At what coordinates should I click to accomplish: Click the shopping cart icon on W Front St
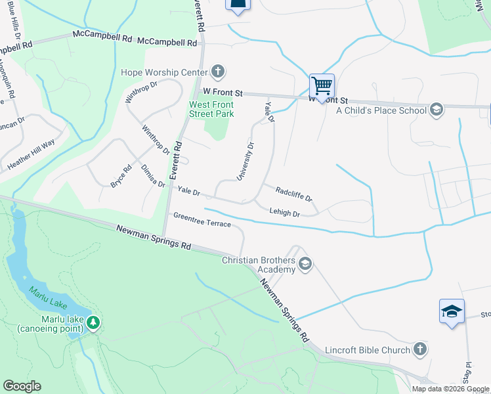(x=322, y=85)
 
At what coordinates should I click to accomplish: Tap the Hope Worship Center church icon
(x=218, y=72)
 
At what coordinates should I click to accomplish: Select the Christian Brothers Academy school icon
(x=305, y=265)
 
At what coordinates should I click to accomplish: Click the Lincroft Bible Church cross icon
(x=420, y=349)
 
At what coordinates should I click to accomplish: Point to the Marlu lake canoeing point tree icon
(x=93, y=322)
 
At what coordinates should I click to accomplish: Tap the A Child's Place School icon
(x=437, y=110)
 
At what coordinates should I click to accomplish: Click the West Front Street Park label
(x=211, y=109)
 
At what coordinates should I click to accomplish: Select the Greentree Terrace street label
(x=202, y=220)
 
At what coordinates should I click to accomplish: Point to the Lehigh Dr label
(x=284, y=213)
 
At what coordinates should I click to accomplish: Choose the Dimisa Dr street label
(x=153, y=176)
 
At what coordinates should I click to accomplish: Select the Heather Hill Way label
(x=31, y=156)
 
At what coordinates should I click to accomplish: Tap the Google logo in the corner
(x=22, y=386)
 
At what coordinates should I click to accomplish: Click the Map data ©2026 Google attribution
(x=450, y=389)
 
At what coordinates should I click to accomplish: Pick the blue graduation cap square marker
(x=452, y=311)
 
